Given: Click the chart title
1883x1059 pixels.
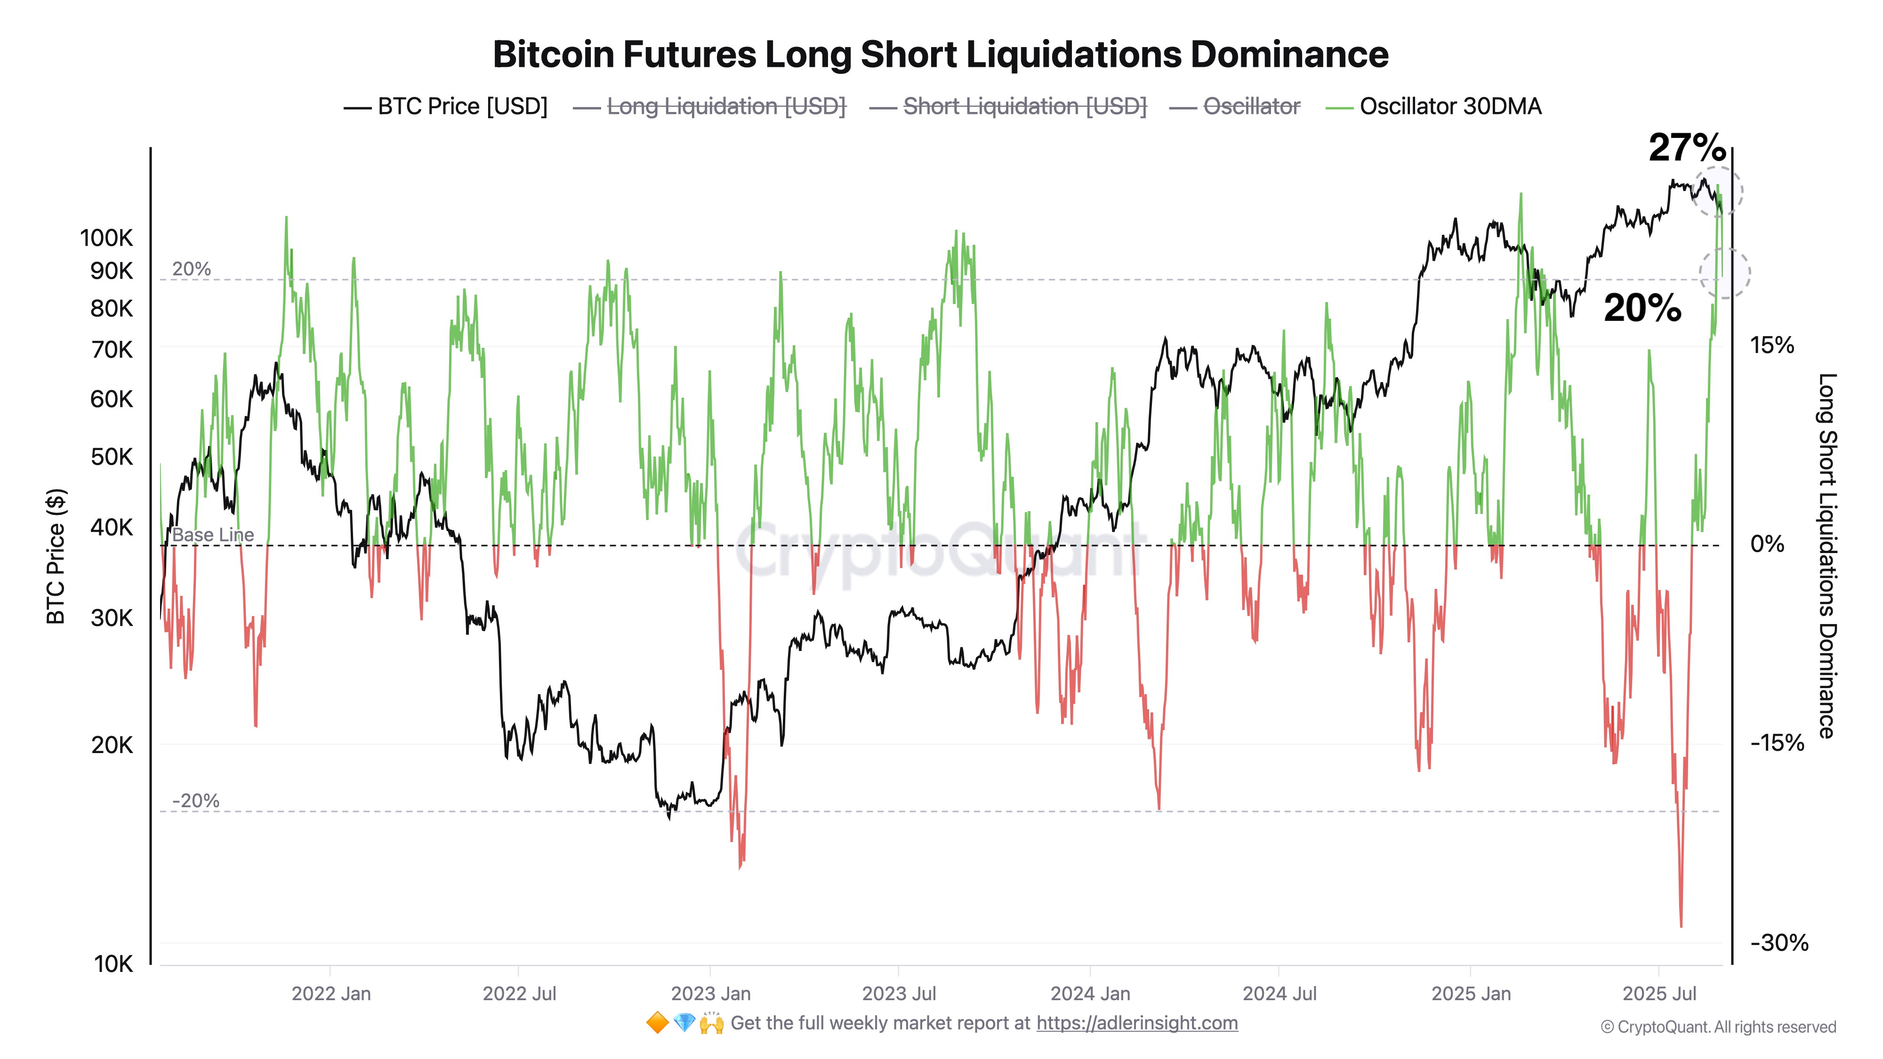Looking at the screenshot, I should point(941,55).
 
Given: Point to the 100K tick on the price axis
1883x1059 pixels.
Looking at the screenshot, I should point(107,238).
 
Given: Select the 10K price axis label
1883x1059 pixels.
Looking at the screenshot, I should point(113,964).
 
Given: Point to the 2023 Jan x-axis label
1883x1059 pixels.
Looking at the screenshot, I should point(710,994).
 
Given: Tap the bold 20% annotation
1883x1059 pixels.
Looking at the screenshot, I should point(1642,308).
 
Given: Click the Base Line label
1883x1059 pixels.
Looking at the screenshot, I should point(213,535).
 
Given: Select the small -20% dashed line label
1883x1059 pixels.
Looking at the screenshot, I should point(195,801).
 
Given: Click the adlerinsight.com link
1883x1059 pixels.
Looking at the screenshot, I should point(1137,1023).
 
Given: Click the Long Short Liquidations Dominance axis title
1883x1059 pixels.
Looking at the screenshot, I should point(1827,555).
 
